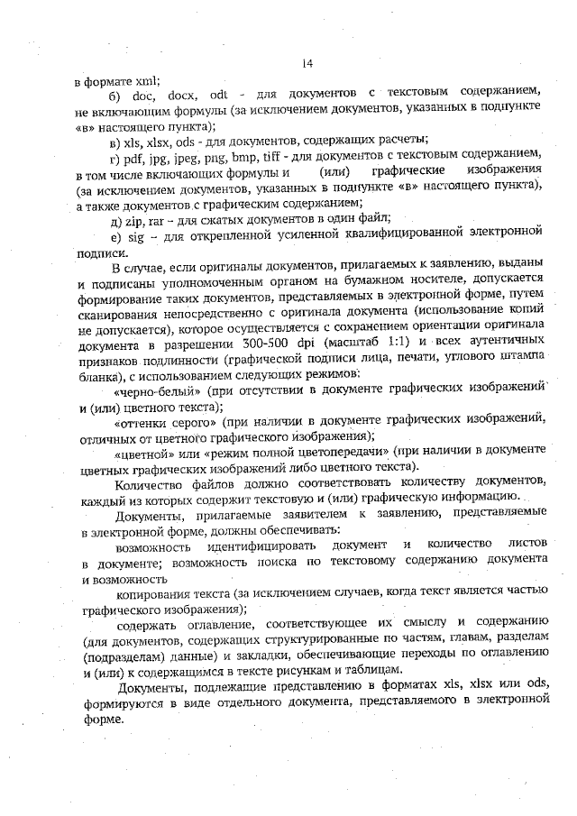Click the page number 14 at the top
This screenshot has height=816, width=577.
[x=306, y=63]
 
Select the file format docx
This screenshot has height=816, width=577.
[x=181, y=96]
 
